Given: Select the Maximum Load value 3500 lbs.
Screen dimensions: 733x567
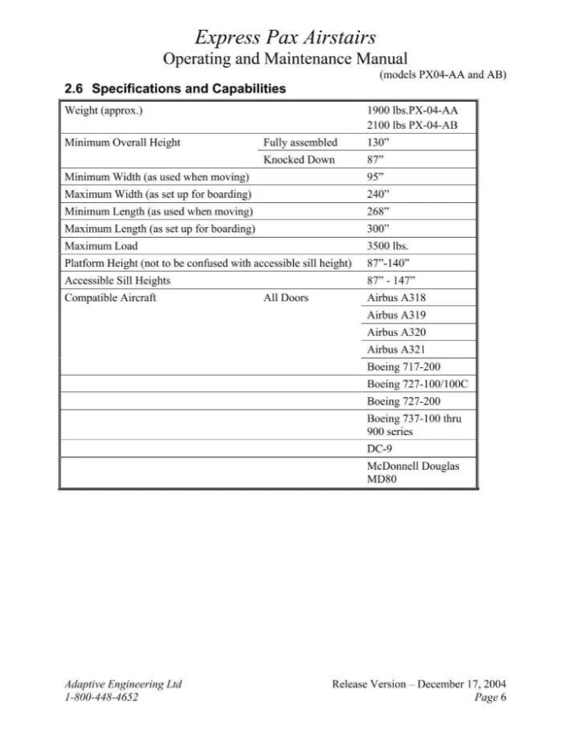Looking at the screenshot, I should click(x=387, y=246).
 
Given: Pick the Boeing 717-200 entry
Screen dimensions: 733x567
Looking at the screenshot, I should click(x=408, y=366).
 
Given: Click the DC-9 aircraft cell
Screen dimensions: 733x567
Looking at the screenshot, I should click(x=379, y=450).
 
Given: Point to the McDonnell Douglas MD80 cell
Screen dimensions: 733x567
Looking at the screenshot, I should click(x=413, y=473).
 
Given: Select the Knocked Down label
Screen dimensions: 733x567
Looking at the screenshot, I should click(x=299, y=159).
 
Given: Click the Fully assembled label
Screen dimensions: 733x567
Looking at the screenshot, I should click(x=300, y=142).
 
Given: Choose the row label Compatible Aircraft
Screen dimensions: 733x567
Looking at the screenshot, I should click(x=110, y=298).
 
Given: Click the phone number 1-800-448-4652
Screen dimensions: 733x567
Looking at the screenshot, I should click(x=102, y=698).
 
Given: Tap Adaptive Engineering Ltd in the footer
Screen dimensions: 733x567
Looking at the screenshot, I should click(x=122, y=684).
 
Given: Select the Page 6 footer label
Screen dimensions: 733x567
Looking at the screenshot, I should click(x=490, y=698).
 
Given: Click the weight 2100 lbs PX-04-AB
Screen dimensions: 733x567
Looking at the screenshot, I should click(x=411, y=125).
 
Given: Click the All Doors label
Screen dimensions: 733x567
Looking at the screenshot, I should click(x=286, y=298).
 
